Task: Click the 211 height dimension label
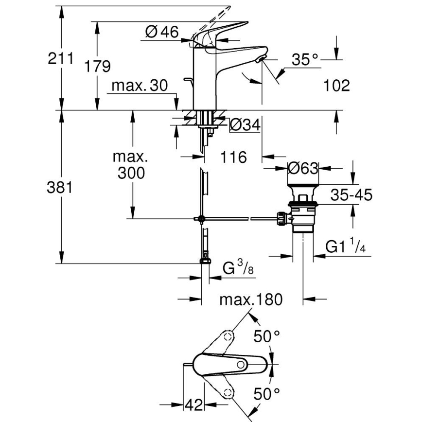60,59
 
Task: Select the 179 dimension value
97,66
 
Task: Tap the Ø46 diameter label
162,32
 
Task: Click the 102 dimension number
336,86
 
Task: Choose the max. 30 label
139,86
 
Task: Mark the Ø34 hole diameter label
244,125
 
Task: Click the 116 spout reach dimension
233,157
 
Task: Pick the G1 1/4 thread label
345,246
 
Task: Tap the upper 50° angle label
268,336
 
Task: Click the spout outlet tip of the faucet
262,60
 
